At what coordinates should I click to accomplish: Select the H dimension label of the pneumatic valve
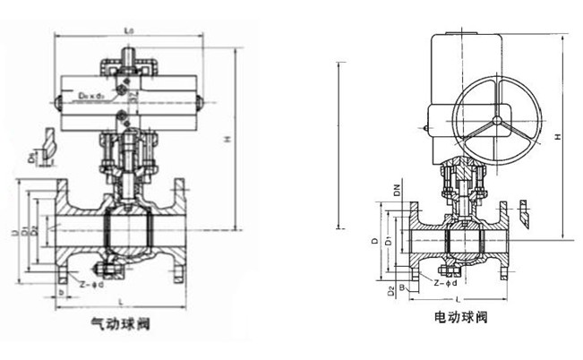[229, 139]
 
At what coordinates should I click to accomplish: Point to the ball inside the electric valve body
[465, 239]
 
